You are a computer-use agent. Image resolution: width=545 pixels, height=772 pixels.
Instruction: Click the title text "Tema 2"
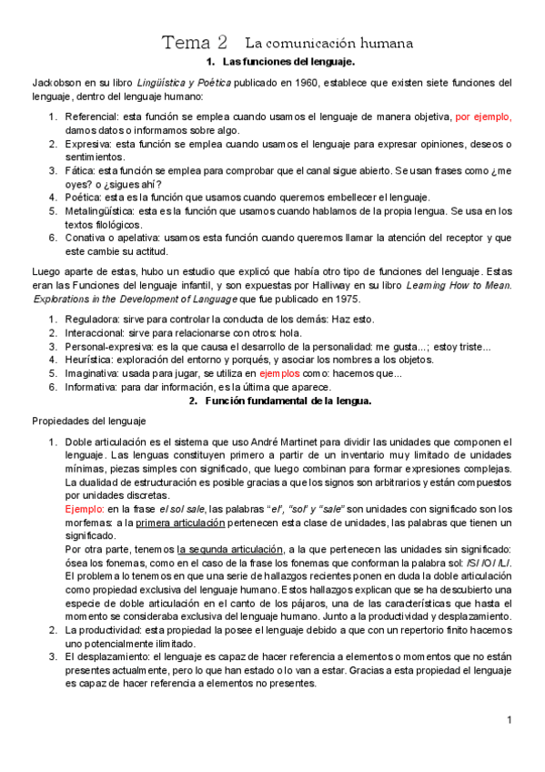click(195, 43)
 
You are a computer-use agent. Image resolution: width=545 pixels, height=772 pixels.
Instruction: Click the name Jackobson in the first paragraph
click(58, 82)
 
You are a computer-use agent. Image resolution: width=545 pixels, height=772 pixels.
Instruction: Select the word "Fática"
click(79, 170)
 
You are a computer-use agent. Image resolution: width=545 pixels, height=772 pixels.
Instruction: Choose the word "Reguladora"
click(92, 319)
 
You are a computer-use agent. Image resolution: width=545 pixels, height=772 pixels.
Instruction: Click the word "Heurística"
click(89, 359)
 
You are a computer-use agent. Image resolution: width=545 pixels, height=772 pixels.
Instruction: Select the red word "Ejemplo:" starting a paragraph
click(84, 508)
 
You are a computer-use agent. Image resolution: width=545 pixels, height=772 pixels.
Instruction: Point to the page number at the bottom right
click(510, 720)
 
